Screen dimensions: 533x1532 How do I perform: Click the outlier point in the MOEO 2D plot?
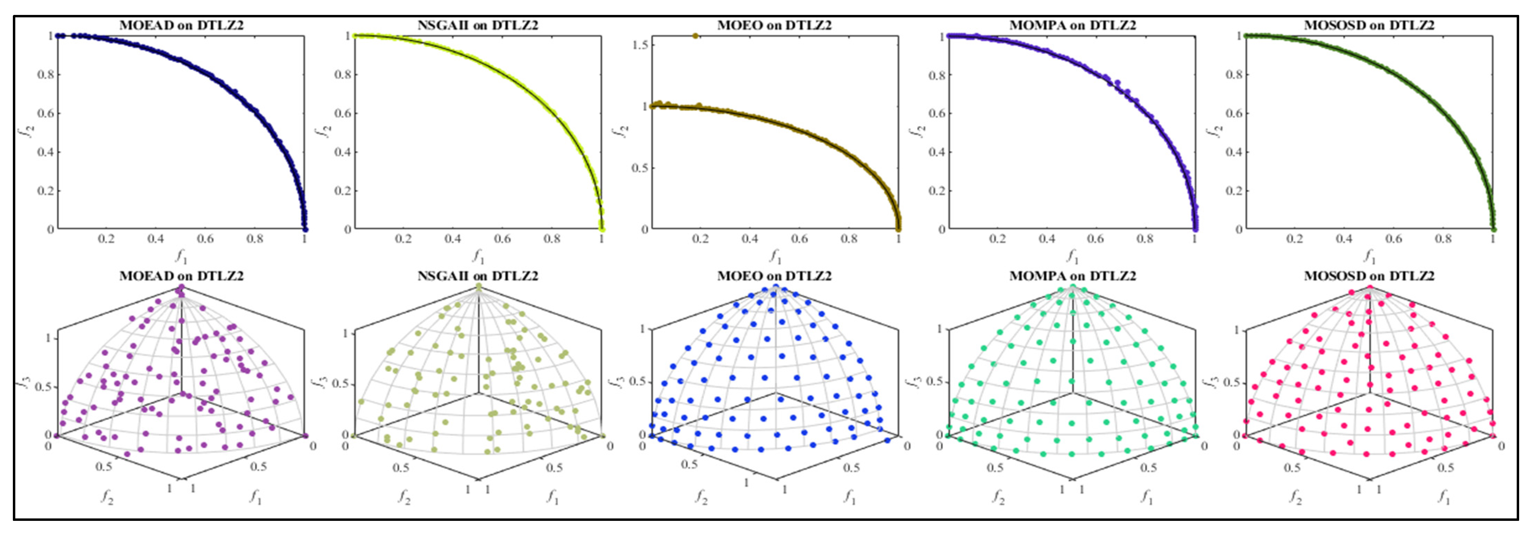click(695, 36)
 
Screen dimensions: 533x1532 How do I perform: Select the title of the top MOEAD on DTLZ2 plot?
click(181, 26)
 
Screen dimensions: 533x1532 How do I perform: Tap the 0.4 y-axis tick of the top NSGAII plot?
click(341, 152)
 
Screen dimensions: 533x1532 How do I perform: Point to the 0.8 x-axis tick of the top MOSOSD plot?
click(1443, 239)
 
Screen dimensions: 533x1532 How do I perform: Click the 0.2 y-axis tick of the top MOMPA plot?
click(936, 191)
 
